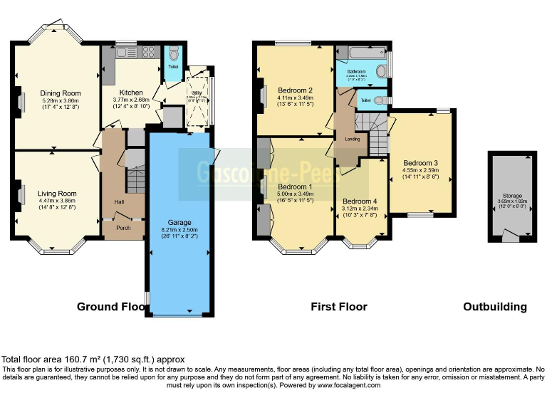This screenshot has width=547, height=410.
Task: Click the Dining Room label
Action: [x=60, y=93]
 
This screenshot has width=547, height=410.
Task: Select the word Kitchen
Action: [x=131, y=93]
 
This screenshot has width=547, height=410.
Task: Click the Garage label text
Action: [x=179, y=221]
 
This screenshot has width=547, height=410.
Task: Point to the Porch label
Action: [x=123, y=228]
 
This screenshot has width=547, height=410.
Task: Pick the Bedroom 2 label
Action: [x=296, y=90]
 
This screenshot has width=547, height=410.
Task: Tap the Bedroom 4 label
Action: [x=361, y=201]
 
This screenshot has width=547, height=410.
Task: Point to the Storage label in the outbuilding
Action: [x=512, y=195]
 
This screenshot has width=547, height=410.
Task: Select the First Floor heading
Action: [x=339, y=307]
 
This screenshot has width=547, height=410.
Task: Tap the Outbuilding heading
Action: [x=495, y=307]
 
